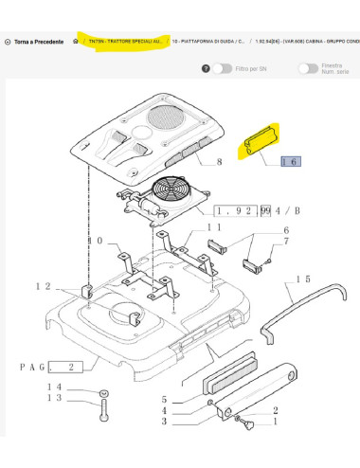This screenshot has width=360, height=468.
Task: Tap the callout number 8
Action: coord(219,164)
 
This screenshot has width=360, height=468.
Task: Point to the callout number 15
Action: coord(302,279)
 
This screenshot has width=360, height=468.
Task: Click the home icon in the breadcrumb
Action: coord(75,43)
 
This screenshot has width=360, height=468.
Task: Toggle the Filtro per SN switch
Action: coord(222,68)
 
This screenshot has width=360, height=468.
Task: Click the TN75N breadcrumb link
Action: coord(126,43)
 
